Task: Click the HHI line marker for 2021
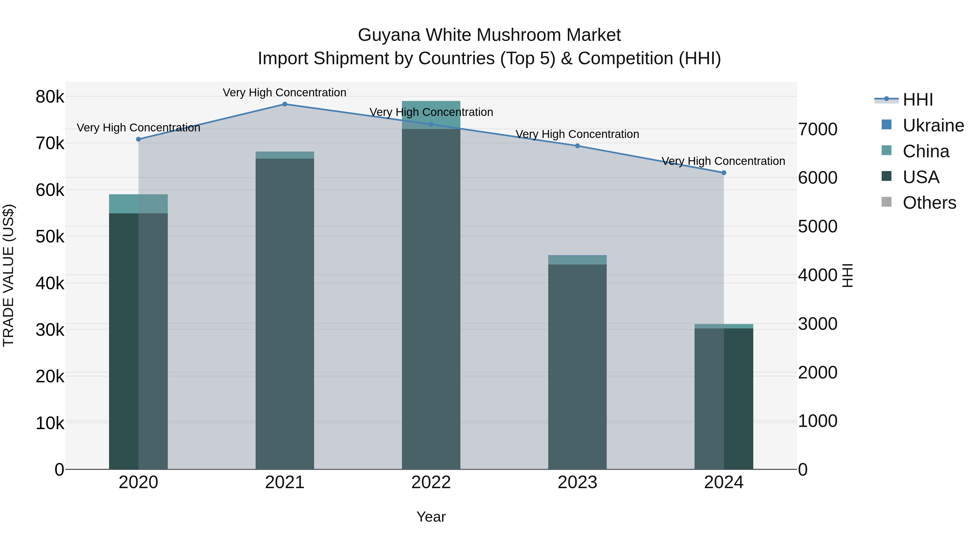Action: point(285,104)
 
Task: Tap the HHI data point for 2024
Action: point(724,173)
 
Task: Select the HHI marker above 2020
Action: point(138,139)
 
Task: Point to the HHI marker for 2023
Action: point(577,146)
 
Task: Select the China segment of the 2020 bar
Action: point(138,204)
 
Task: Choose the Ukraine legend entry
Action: point(933,125)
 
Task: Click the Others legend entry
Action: point(929,203)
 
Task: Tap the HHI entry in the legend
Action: point(918,100)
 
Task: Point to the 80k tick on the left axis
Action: point(50,97)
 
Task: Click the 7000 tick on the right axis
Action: point(817,129)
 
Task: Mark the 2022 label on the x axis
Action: point(431,482)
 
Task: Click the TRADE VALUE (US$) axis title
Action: point(8,275)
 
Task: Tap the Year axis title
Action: point(431,517)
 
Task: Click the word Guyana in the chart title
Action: point(389,35)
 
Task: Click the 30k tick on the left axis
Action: point(50,330)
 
